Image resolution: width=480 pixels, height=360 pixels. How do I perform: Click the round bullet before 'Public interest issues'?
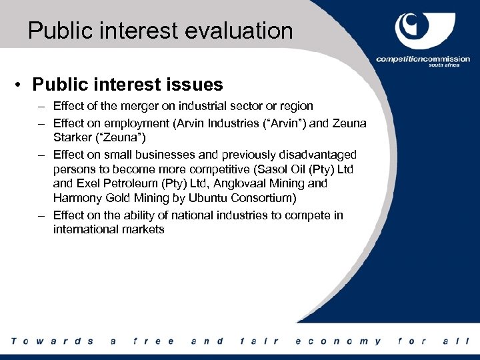21,85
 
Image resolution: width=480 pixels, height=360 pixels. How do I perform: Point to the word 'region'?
297,106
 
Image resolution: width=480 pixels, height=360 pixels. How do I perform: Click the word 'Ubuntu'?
206,198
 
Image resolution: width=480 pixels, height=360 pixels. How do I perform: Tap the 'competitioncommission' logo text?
421,59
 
